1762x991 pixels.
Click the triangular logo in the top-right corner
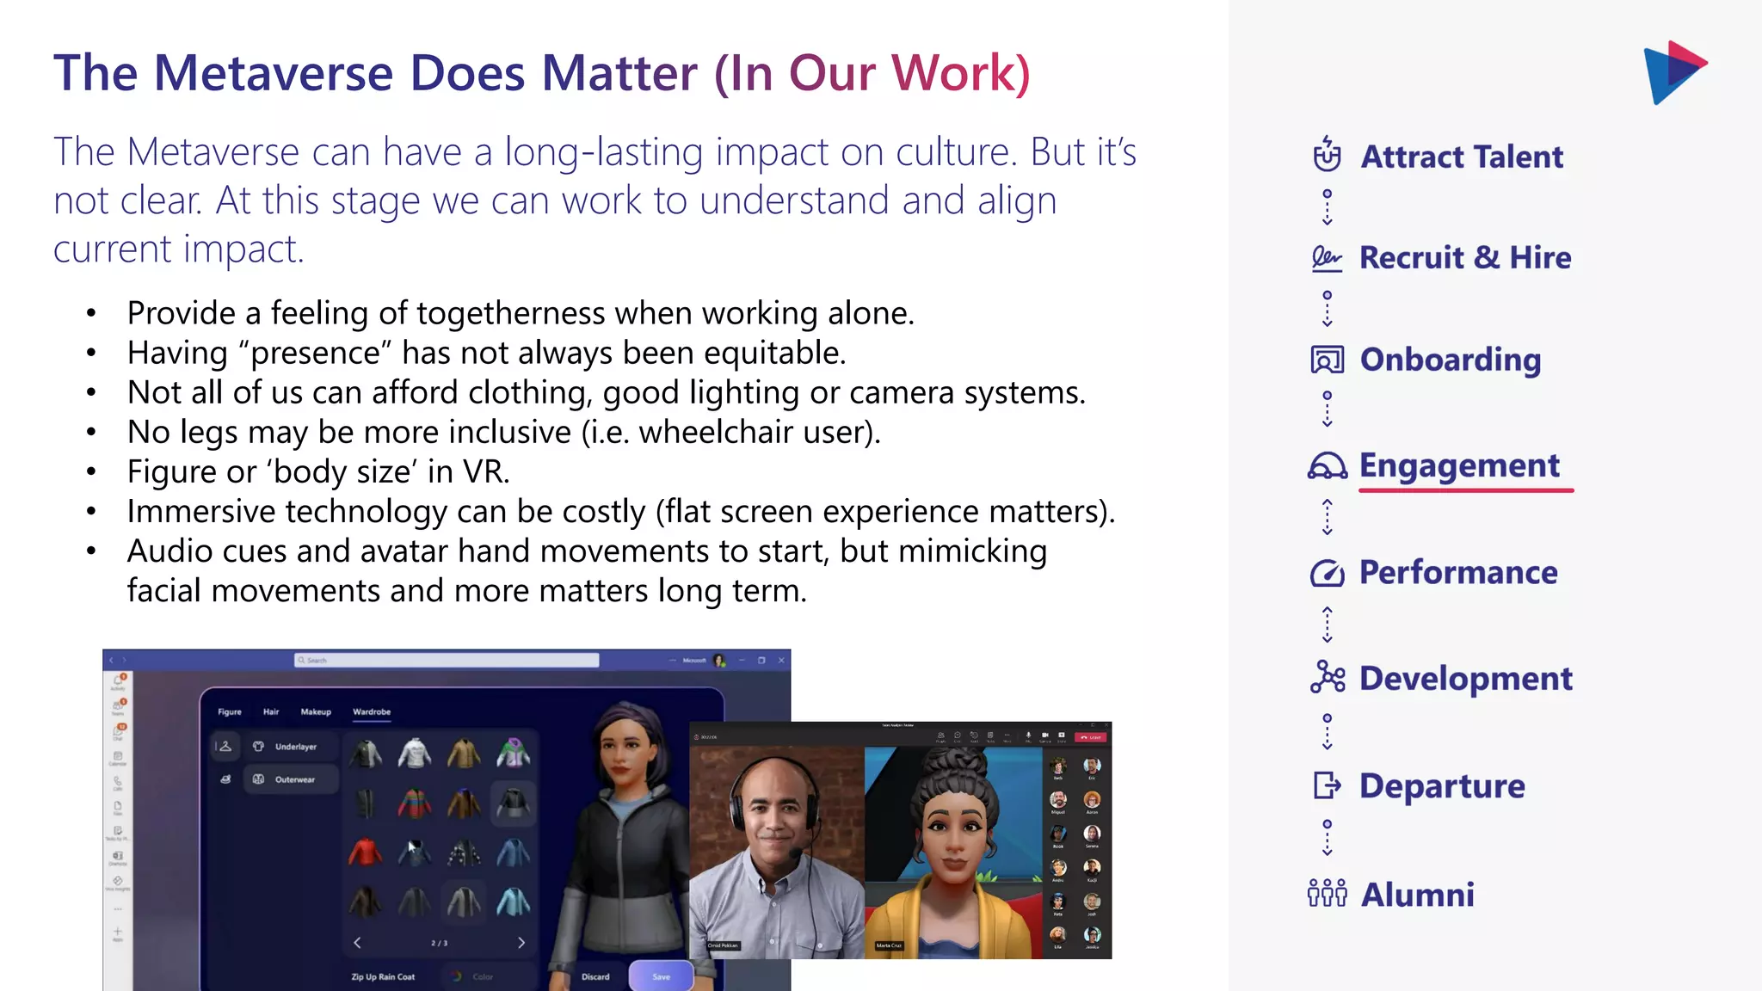(1673, 72)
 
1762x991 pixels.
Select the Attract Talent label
(1462, 157)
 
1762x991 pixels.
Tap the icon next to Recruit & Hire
(1326, 258)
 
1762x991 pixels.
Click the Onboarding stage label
(1450, 360)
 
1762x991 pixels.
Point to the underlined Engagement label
(1459, 465)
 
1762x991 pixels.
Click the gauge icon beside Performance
(1327, 573)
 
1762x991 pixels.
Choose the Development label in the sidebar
(1465, 679)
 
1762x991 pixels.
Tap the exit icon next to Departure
(1327, 785)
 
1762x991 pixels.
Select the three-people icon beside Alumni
(1327, 894)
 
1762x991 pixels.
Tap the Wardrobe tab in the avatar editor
(372, 711)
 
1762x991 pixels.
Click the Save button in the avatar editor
(661, 976)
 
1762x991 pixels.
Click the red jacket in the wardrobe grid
(365, 853)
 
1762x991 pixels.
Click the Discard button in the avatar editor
(595, 976)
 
